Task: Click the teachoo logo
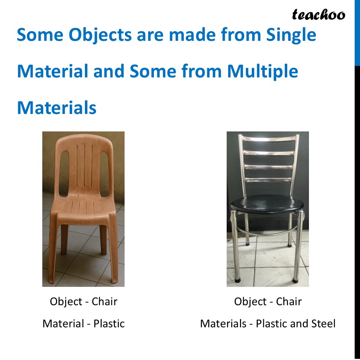[x=318, y=14]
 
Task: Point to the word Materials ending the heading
[x=56, y=108]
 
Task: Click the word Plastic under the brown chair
[x=109, y=323]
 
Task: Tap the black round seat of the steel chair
[x=267, y=204]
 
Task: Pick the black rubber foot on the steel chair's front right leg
[x=294, y=280]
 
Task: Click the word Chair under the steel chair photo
[x=289, y=301]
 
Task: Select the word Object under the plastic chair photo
[x=66, y=301]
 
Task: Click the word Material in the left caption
[x=64, y=323]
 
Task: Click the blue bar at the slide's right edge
[x=357, y=32]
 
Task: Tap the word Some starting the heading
[x=38, y=35]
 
